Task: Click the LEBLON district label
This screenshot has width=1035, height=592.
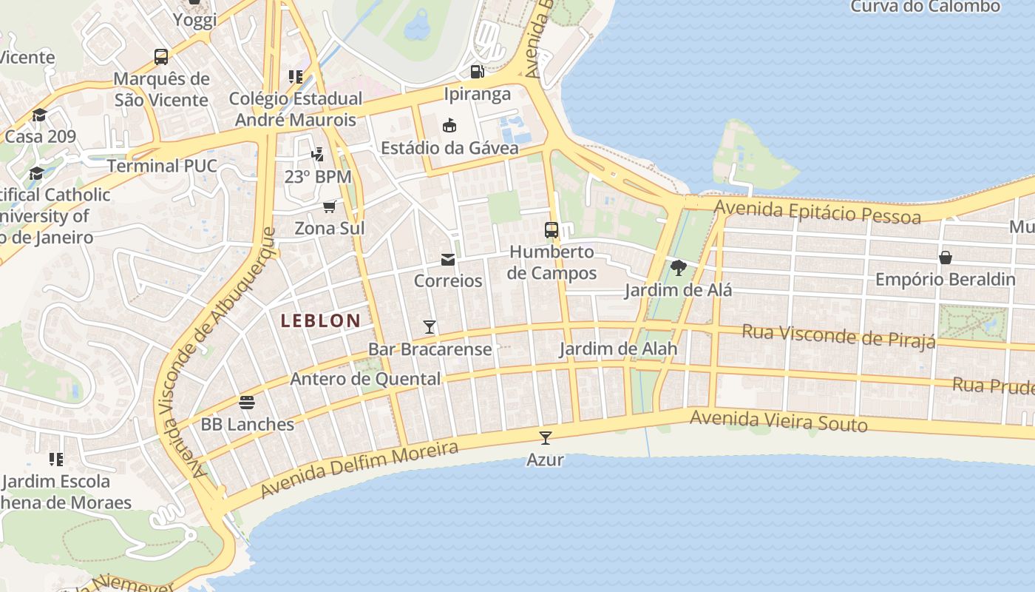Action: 320,320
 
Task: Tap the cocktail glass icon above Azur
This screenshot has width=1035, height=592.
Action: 546,438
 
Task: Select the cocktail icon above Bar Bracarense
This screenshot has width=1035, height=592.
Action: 430,327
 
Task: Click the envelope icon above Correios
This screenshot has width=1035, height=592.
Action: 448,260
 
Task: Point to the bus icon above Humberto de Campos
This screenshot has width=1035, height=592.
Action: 552,230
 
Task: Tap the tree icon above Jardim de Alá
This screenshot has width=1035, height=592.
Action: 678,268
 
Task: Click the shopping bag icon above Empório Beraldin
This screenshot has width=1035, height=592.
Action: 945,258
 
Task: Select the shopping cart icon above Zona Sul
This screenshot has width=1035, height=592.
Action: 330,206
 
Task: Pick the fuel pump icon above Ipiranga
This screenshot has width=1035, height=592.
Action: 478,72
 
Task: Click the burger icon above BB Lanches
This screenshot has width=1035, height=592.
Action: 247,403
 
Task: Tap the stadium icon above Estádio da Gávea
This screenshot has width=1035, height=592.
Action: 449,126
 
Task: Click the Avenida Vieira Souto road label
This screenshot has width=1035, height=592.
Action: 778,421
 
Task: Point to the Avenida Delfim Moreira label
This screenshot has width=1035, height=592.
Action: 359,468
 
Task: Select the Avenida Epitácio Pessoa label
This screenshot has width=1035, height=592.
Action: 810,210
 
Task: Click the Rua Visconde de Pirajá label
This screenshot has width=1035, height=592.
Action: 838,335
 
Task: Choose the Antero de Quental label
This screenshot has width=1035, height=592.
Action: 365,379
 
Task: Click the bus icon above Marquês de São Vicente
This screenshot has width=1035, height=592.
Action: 161,56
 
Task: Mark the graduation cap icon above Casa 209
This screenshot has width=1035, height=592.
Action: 39,115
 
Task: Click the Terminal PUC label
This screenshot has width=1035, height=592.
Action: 162,166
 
